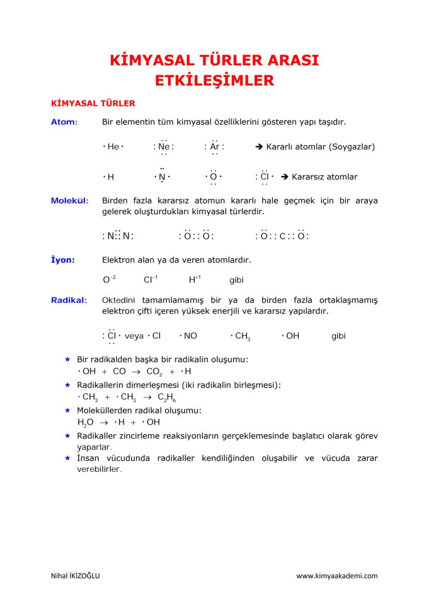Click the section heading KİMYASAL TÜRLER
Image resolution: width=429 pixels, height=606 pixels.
(92, 103)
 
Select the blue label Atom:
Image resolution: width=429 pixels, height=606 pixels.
(64, 122)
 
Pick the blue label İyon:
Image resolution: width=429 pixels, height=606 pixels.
(62, 260)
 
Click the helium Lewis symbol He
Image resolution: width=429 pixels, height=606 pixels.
(113, 147)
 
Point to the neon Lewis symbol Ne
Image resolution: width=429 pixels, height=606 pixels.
(164, 147)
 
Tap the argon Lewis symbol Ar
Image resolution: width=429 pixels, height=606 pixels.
(214, 147)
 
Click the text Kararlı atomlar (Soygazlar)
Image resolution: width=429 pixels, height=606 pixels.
(320, 147)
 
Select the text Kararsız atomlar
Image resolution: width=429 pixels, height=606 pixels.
(324, 177)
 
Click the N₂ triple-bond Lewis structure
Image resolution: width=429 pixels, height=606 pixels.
(118, 236)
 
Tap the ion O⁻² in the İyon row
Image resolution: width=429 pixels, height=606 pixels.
(109, 280)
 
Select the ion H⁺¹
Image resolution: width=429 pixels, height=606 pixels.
(194, 280)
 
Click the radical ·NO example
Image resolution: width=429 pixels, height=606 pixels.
(188, 336)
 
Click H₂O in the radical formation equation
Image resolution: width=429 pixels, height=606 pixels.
(84, 422)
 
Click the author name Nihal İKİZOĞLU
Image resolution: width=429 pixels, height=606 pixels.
(76, 576)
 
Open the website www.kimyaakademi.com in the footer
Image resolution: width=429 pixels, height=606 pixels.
(337, 576)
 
